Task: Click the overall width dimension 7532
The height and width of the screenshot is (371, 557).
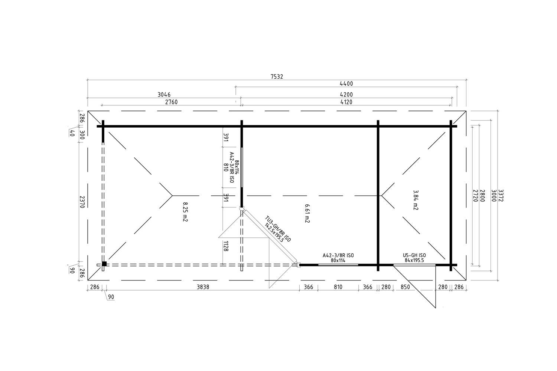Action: [277, 76]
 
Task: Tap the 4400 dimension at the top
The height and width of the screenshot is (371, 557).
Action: [346, 84]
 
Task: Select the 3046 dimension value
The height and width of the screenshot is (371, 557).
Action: [164, 95]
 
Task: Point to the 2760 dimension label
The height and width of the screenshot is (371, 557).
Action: [171, 102]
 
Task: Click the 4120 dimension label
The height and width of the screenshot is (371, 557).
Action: [346, 102]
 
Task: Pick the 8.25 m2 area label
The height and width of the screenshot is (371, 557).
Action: [185, 212]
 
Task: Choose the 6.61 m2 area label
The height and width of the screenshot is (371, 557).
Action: [307, 213]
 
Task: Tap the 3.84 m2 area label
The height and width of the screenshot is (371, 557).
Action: [416, 200]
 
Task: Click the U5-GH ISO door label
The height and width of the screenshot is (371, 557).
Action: [414, 256]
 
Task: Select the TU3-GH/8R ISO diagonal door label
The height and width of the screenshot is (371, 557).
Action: [278, 229]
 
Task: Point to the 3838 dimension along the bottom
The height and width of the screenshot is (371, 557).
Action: [203, 287]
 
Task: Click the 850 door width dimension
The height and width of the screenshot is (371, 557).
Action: [405, 287]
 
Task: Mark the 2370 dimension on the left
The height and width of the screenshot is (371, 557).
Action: [82, 202]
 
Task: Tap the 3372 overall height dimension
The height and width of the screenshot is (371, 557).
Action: [501, 196]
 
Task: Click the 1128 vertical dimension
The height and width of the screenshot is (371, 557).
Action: [226, 246]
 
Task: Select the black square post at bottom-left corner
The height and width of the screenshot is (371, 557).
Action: [104, 264]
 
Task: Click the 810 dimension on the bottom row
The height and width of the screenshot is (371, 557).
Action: [338, 287]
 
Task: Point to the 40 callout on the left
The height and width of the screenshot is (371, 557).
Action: [72, 133]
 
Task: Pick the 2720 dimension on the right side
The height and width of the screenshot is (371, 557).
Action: [475, 196]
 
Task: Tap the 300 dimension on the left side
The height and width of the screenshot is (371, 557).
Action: [82, 135]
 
